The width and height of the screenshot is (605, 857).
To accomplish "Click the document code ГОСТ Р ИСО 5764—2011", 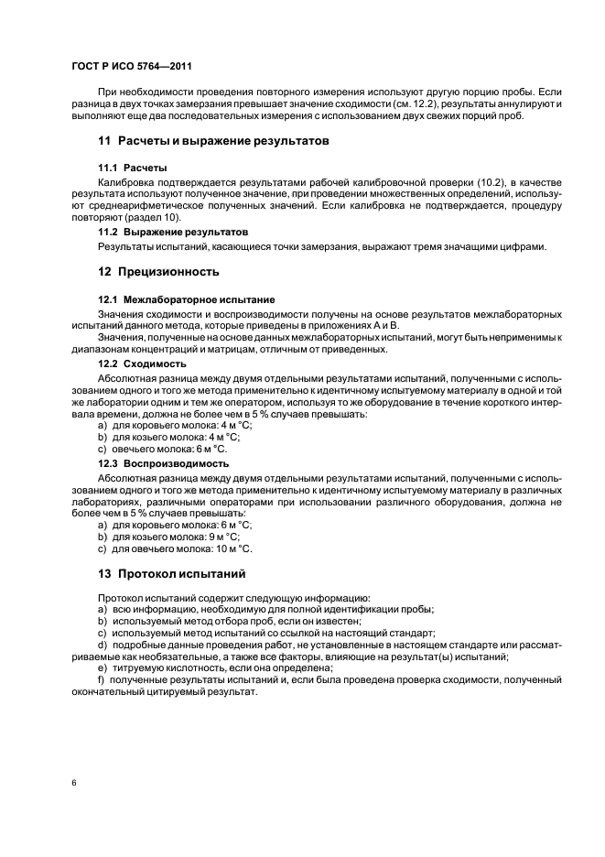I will tap(131, 66).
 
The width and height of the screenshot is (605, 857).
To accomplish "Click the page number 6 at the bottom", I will tap(73, 784).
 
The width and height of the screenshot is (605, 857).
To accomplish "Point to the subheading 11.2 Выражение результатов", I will tap(173, 233).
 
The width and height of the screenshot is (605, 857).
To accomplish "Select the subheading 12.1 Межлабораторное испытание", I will tap(187, 299).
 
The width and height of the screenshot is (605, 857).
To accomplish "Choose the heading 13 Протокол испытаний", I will tap(172, 574).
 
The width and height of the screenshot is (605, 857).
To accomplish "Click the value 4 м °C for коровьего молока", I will tap(233, 427).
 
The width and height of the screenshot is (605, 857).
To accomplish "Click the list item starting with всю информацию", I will tap(265, 609).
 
